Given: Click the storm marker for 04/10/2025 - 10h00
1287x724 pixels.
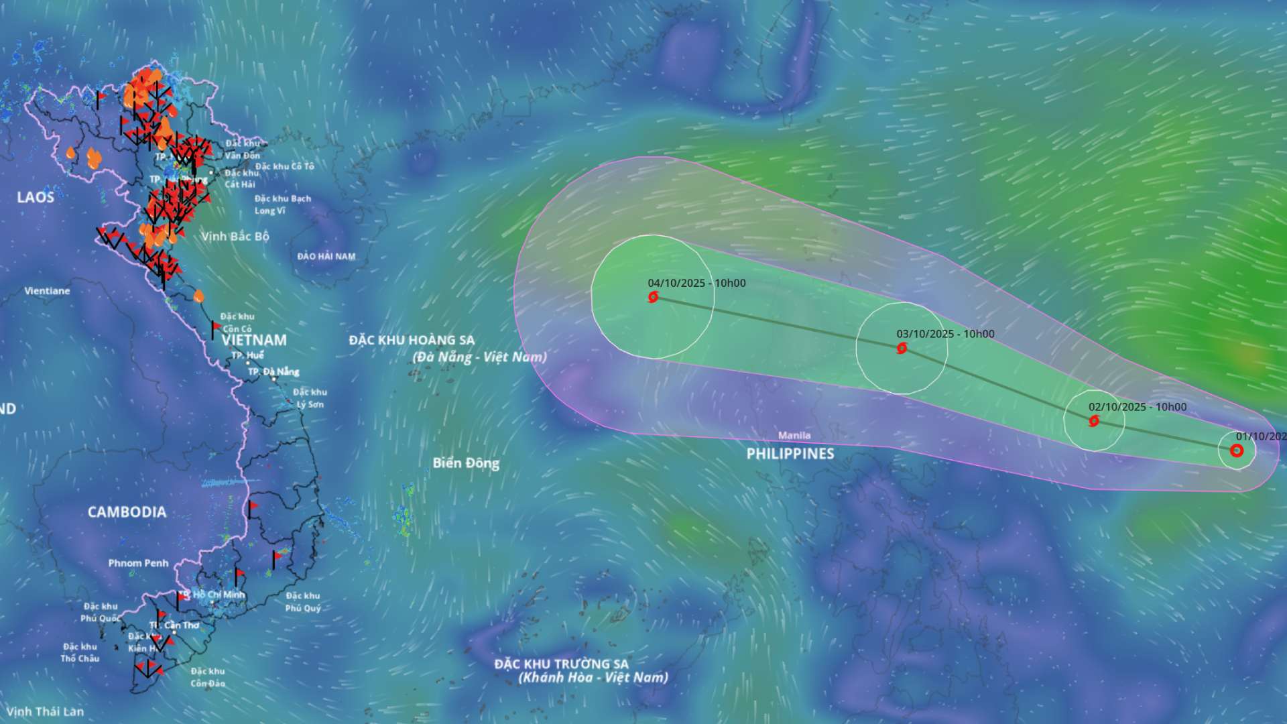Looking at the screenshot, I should (653, 297).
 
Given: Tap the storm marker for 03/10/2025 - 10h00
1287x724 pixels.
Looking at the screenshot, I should (902, 348).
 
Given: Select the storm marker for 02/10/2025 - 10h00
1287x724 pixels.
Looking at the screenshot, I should (1094, 421).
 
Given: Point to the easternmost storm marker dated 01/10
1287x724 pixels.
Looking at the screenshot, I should (1237, 450).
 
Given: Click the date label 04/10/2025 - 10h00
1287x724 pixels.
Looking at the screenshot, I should (696, 283).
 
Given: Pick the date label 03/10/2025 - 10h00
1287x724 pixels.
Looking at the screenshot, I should (945, 334).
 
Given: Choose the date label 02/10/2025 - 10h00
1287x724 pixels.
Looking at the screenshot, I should (1137, 407).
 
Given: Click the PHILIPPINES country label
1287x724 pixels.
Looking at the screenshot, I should (790, 454).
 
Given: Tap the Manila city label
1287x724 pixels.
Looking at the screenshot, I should (794, 436).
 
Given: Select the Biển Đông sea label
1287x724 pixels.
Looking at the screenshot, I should (466, 463).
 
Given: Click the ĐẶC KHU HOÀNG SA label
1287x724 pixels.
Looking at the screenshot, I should (412, 340).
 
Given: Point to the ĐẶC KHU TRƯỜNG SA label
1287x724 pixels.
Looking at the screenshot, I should (562, 664).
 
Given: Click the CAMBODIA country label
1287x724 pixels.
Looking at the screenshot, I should (127, 512).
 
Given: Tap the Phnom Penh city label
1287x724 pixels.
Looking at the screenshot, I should (138, 563).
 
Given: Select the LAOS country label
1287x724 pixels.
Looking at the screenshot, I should (36, 197).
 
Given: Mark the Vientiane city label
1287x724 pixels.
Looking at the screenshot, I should (47, 291).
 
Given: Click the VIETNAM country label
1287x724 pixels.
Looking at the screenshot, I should (254, 341).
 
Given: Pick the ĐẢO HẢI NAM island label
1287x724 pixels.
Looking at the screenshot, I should (326, 256).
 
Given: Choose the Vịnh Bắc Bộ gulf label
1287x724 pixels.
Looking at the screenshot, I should (235, 236).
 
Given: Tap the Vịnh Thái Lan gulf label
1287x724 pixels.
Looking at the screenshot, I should (45, 711).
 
